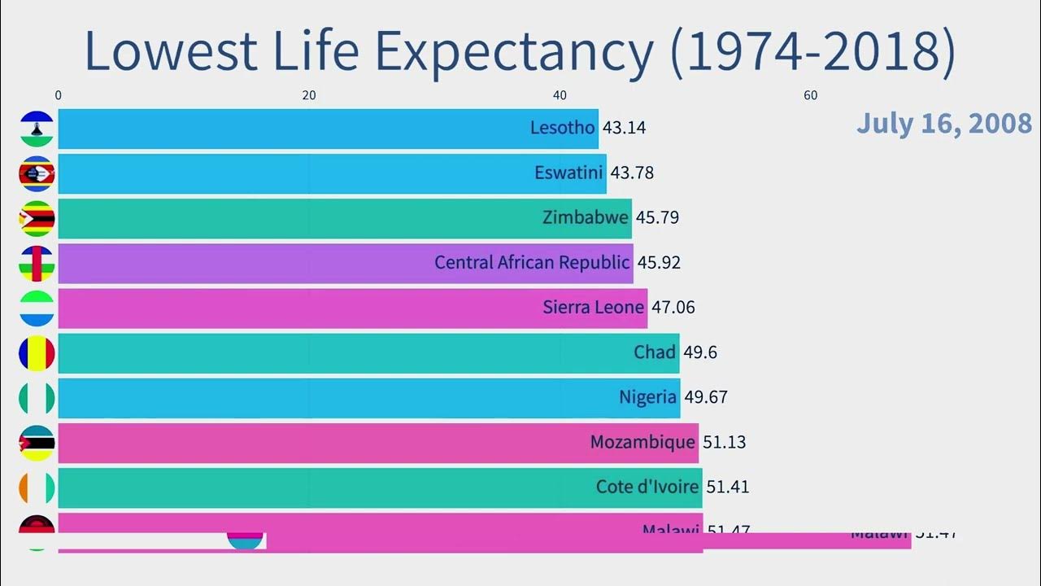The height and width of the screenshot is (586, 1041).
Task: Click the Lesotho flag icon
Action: coord(37,129)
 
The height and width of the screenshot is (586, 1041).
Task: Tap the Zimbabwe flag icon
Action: coord(37,218)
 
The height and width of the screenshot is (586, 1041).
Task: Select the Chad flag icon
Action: coord(37,353)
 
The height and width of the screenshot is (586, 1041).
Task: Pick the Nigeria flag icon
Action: coord(37,398)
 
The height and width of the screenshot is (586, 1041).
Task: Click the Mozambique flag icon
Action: coord(37,443)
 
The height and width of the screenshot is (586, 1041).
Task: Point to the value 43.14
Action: coord(625,128)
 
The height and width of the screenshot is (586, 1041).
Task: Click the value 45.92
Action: coord(659,263)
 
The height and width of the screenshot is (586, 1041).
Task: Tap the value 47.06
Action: coord(673,308)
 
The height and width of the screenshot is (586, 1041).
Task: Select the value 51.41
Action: coord(728,487)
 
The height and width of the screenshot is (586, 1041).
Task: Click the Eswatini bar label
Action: coord(568,173)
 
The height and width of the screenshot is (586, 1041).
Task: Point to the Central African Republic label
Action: coord(532,263)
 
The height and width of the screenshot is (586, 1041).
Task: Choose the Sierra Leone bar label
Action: coord(593,308)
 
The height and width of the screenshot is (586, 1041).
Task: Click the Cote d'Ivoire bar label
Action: coord(647,487)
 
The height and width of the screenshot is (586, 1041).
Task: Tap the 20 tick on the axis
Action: coord(309,95)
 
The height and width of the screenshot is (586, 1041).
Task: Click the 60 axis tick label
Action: coord(811,95)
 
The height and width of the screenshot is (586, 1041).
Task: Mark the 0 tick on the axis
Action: coord(59,95)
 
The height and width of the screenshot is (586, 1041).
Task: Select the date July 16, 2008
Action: coord(943,124)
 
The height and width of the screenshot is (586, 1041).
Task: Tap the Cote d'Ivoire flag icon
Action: coord(37,488)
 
